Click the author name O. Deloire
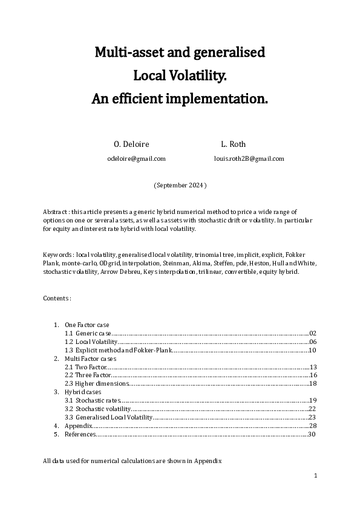(x=131, y=144)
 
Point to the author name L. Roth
(x=234, y=144)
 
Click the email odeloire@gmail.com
(x=136, y=158)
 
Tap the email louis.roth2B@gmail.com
(x=249, y=158)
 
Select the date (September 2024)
(x=180, y=185)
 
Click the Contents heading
(x=57, y=299)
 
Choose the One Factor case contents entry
(x=87, y=325)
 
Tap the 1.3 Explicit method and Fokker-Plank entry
(x=119, y=350)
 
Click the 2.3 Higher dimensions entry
(x=96, y=384)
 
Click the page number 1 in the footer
(x=315, y=476)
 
